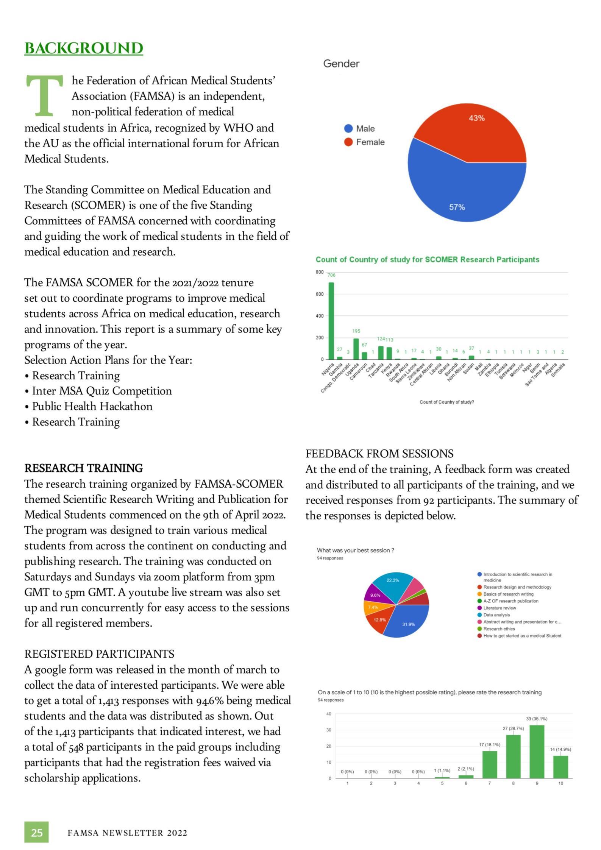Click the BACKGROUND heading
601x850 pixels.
[x=84, y=48]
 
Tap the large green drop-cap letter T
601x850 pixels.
[x=44, y=95]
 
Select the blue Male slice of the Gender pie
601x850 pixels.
[x=454, y=189]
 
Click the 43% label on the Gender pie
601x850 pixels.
[x=476, y=118]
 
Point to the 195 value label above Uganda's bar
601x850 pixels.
[x=356, y=331]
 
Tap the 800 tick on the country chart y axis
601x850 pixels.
[x=320, y=272]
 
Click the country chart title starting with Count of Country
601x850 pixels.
[x=427, y=259]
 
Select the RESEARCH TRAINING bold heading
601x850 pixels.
[x=84, y=468]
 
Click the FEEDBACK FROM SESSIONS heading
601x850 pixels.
[x=379, y=453]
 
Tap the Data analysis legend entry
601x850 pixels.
[x=496, y=615]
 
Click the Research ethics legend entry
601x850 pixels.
[x=499, y=629]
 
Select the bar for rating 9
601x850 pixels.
[x=537, y=751]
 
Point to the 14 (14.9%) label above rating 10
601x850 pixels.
[x=560, y=749]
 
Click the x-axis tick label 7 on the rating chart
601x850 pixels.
[x=489, y=783]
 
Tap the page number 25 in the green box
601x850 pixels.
[x=37, y=832]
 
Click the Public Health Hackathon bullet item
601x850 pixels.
[x=92, y=406]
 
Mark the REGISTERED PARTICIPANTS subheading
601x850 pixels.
[x=99, y=654]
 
